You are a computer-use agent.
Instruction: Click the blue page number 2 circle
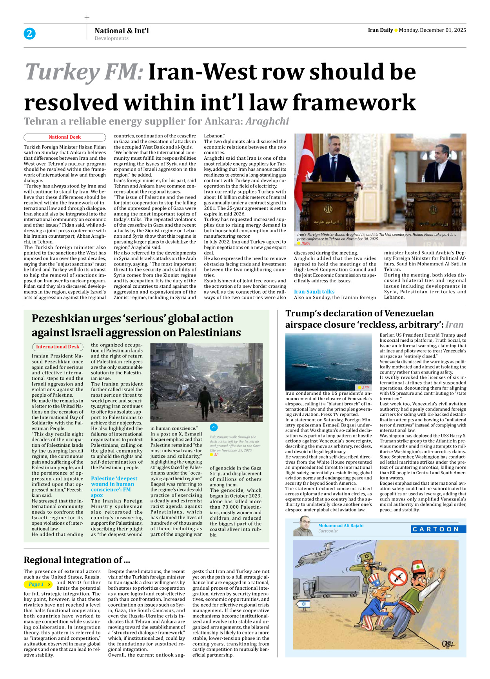(x=29, y=34)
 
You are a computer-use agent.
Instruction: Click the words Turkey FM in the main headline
(x=84, y=72)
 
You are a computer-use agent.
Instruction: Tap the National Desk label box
(x=65, y=137)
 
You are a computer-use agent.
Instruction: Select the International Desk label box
(x=58, y=347)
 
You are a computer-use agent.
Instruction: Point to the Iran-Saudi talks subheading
(x=314, y=292)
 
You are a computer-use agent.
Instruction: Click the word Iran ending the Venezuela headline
(x=454, y=325)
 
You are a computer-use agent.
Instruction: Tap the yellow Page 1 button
(x=38, y=584)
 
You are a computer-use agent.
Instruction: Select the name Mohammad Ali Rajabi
(x=341, y=526)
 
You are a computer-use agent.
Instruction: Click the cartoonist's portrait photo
(x=303, y=526)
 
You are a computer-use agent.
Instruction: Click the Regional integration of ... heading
(x=77, y=560)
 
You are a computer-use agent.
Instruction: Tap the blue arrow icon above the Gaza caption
(x=214, y=428)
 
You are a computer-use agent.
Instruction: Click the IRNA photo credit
(x=305, y=244)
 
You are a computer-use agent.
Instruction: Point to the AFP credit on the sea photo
(x=365, y=388)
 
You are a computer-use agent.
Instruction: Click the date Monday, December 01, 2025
(x=432, y=30)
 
